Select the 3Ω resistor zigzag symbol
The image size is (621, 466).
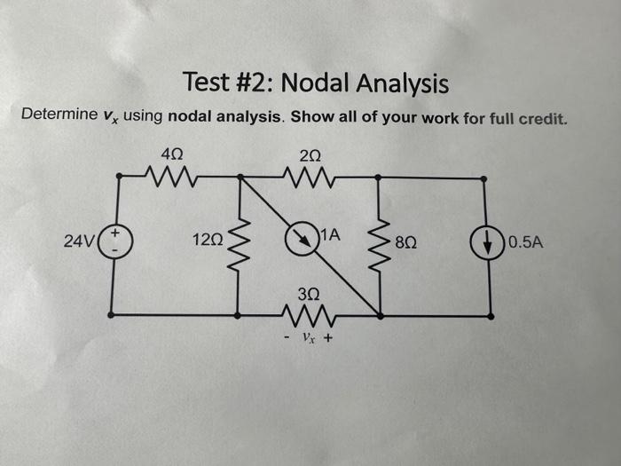pos(308,315)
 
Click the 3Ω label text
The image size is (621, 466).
pos(309,292)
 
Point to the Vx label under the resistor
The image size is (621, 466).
pos(309,338)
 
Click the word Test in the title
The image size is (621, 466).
pos(206,83)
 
